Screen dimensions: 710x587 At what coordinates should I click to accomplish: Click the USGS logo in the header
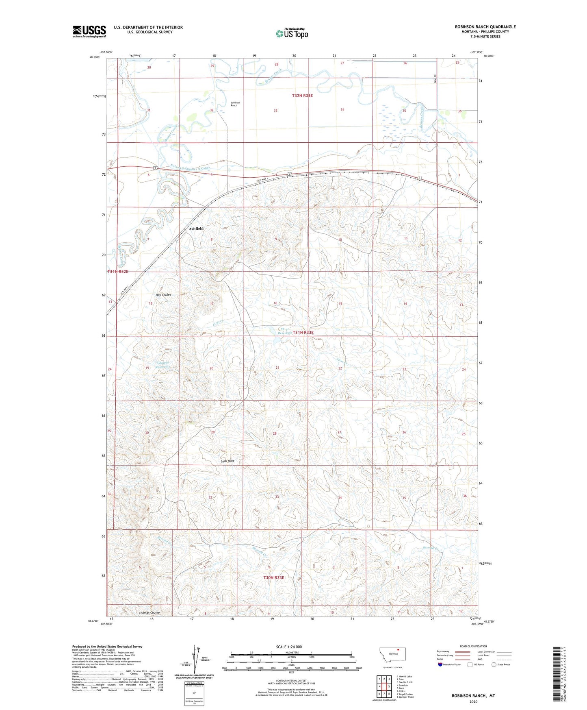89,31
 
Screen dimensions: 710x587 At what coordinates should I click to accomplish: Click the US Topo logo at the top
292,33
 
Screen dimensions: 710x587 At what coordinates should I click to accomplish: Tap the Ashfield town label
196,229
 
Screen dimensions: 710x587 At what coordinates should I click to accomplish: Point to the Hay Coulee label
163,295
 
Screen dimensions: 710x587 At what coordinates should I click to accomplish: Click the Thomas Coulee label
149,613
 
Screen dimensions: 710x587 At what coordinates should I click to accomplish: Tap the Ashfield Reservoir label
163,365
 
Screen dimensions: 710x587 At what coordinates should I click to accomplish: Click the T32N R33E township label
302,96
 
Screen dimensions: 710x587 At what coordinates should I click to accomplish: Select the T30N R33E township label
273,577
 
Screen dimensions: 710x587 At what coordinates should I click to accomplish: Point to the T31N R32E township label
118,272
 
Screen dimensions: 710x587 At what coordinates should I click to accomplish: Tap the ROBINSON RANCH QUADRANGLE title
485,27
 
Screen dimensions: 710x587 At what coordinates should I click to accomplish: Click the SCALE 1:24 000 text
289,647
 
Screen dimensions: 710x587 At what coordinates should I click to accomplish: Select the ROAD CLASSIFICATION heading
473,646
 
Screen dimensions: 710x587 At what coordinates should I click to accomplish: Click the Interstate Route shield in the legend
441,664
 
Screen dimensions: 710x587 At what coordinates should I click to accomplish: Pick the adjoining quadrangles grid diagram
384,686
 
